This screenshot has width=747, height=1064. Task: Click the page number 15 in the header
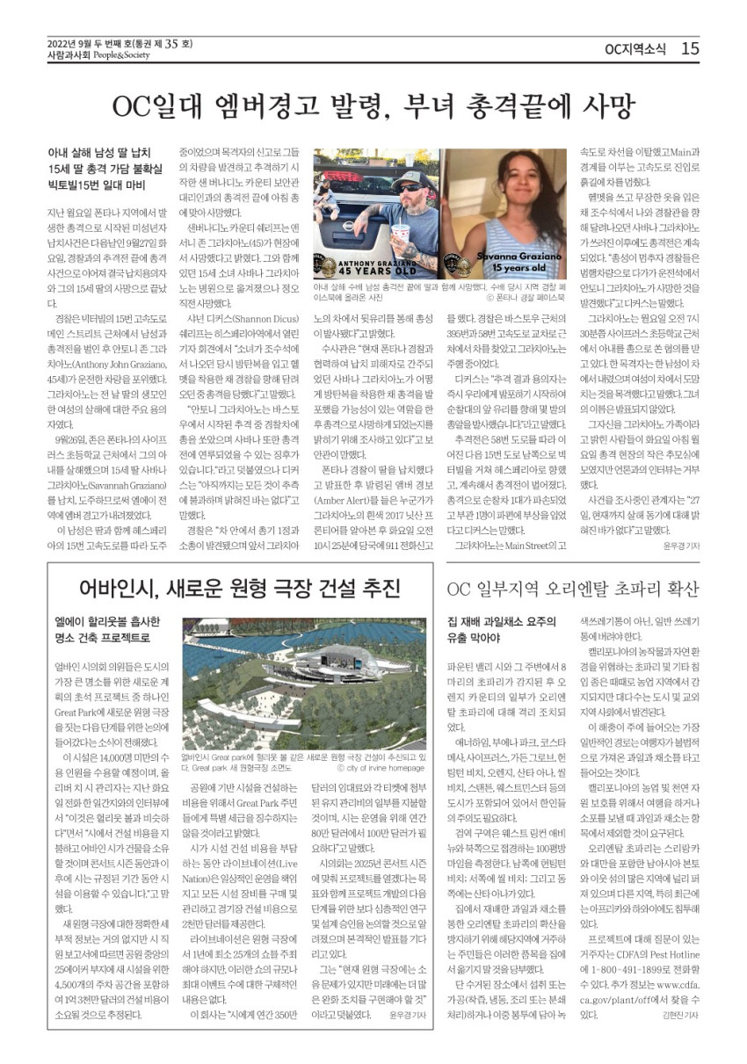pyautogui.click(x=690, y=48)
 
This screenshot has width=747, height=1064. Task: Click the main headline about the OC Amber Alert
pyautogui.click(x=373, y=107)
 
